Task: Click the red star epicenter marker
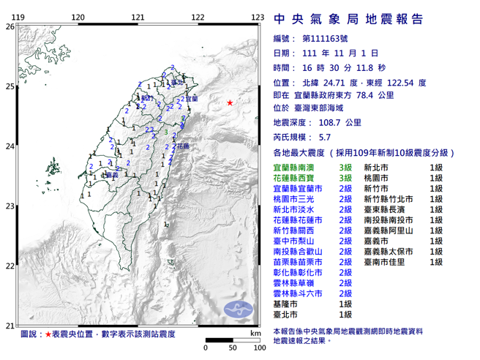pos(230,102)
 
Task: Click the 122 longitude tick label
pos(197,17)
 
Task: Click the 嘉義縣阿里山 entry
pos(391,230)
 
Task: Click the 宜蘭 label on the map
pos(192,98)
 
